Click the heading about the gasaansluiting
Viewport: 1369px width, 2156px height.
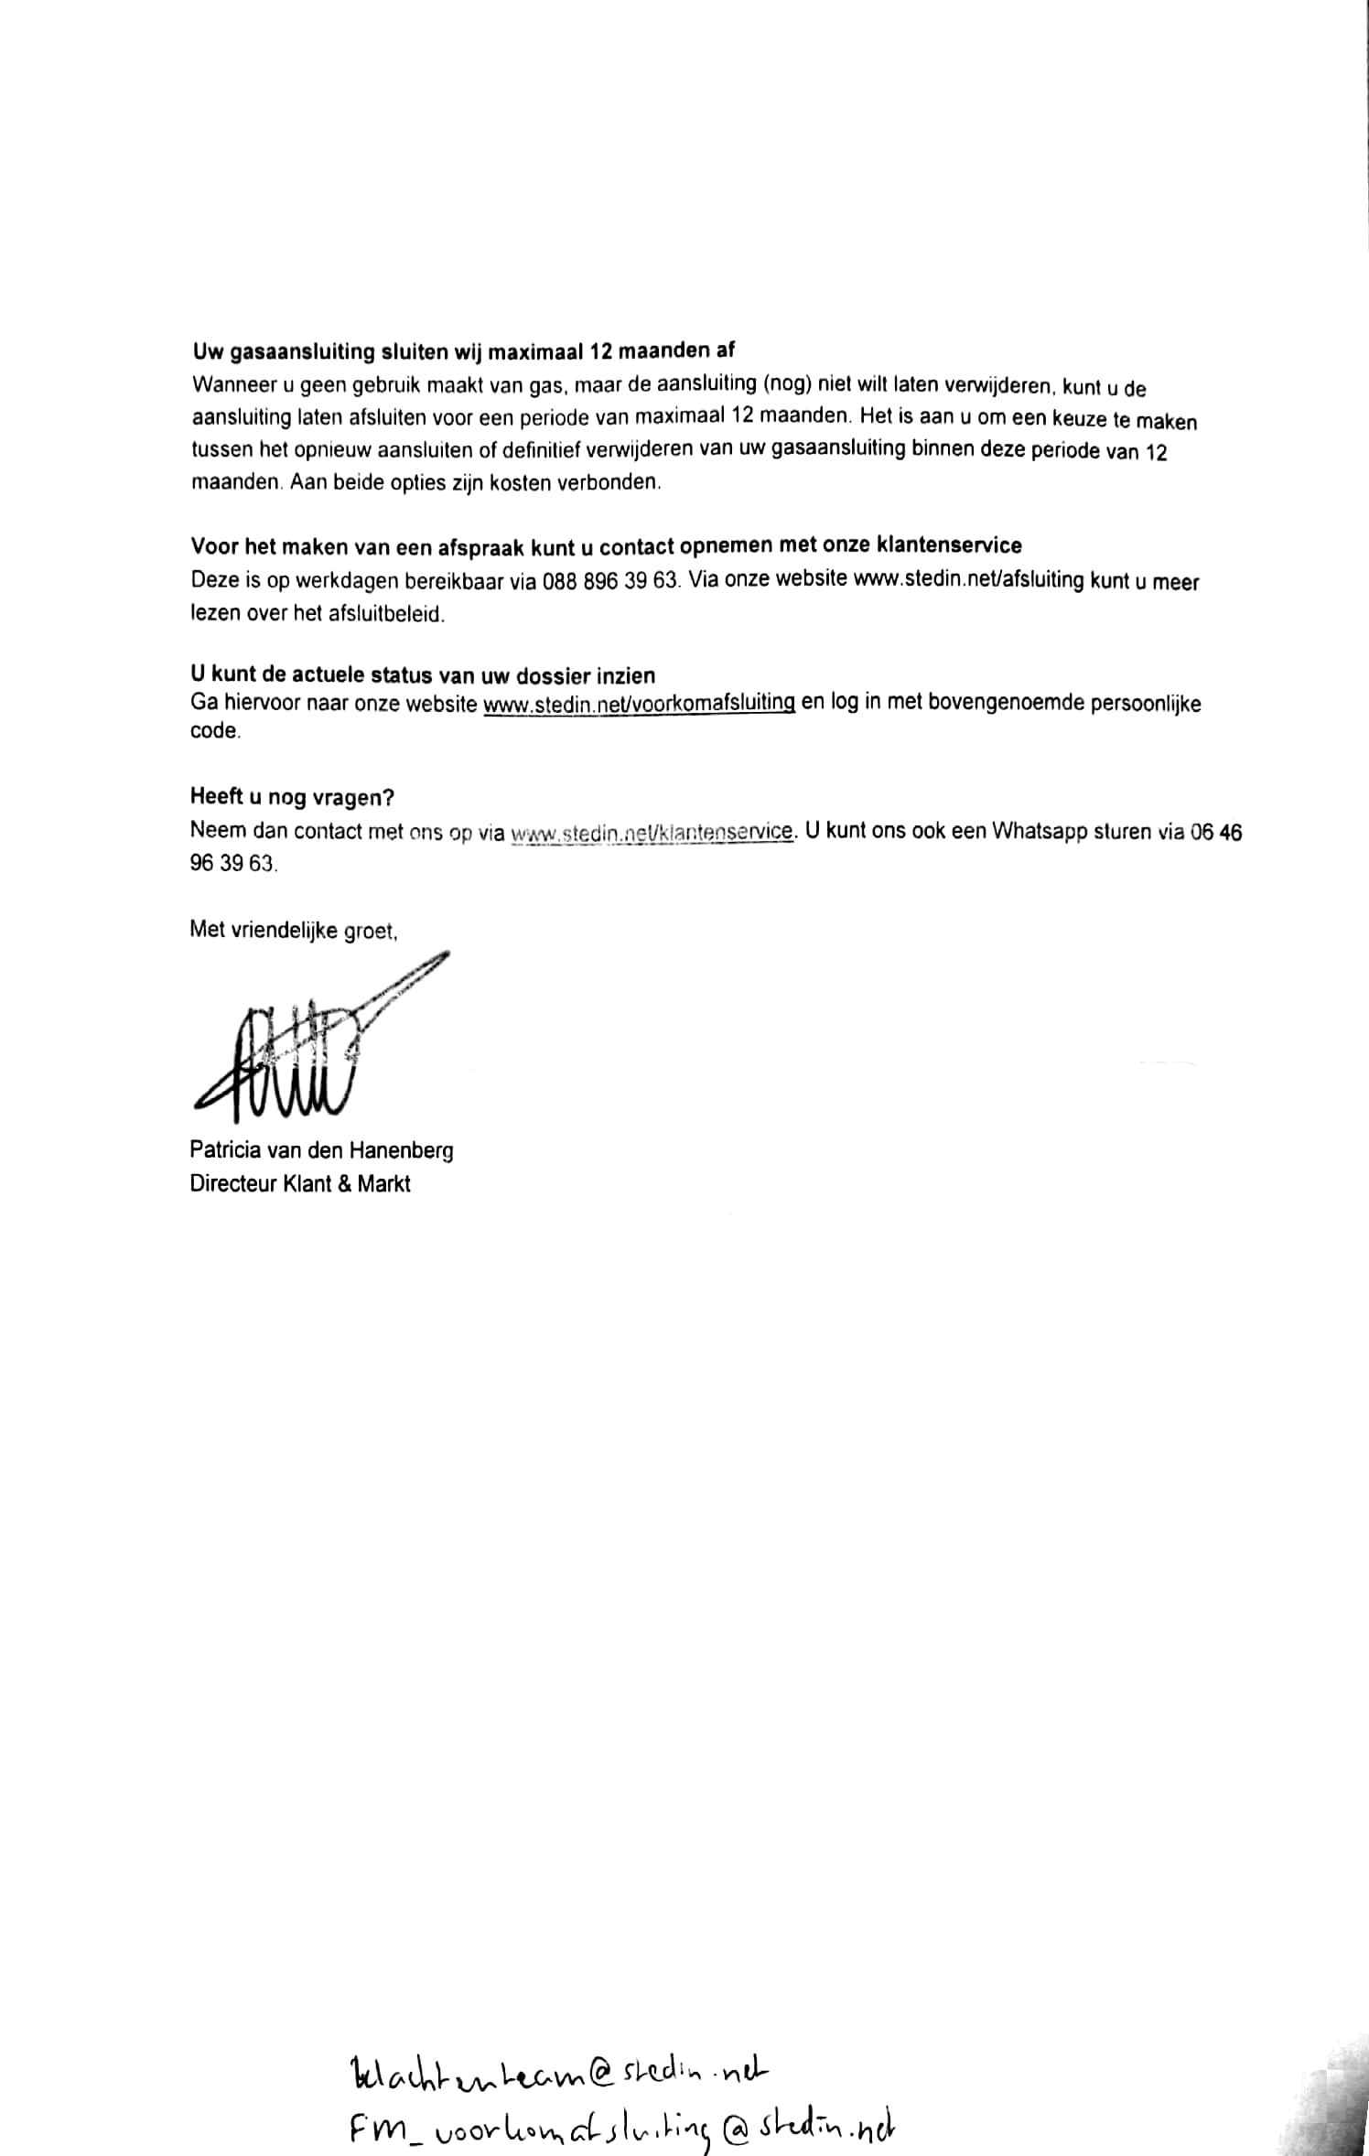[463, 351]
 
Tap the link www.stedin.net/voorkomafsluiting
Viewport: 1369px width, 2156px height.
[639, 704]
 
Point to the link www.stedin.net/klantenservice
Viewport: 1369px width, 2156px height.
[652, 832]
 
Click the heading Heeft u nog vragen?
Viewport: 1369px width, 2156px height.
[292, 797]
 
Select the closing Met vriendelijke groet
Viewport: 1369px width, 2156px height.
[293, 930]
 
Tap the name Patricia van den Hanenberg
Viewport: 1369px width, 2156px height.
[321, 1150]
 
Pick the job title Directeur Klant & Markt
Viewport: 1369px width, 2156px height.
[300, 1184]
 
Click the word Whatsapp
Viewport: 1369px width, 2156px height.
[1048, 832]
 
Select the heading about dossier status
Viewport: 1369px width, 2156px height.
[422, 675]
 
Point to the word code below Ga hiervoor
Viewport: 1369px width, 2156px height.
[215, 732]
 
